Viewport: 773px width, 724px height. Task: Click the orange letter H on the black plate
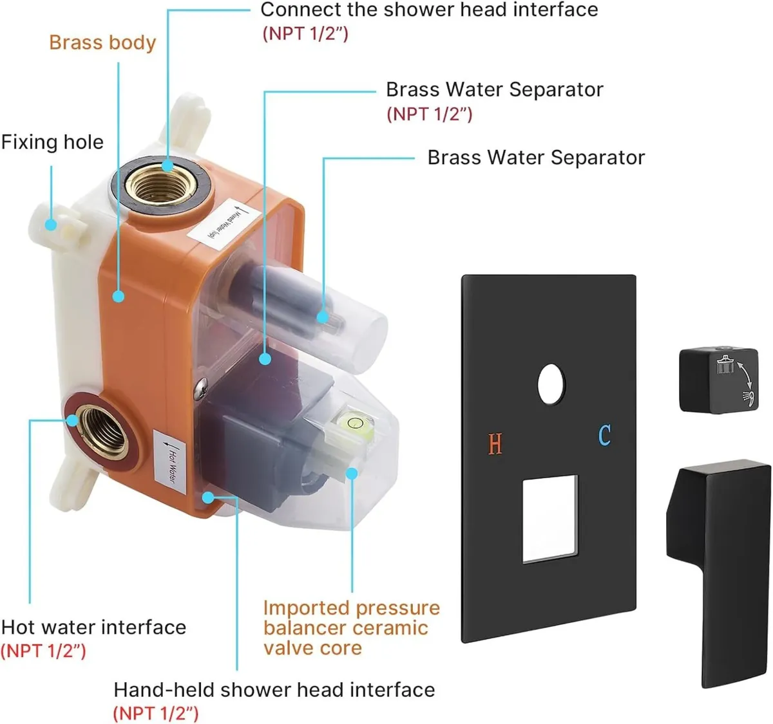pyautogui.click(x=495, y=444)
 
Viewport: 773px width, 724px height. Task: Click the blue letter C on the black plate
pyautogui.click(x=604, y=435)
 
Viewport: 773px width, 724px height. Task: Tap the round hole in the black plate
pyautogui.click(x=551, y=385)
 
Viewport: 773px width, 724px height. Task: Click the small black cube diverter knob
pyautogui.click(x=717, y=380)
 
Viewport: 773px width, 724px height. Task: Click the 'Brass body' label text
pyautogui.click(x=102, y=42)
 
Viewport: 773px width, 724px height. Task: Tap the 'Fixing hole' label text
pyautogui.click(x=52, y=142)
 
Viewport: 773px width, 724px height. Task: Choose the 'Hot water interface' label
pyautogui.click(x=93, y=627)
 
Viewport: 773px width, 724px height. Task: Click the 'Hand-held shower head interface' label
pyautogui.click(x=274, y=690)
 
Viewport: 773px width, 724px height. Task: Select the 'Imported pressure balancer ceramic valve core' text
pyautogui.click(x=351, y=627)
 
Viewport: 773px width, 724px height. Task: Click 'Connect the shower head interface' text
pyautogui.click(x=429, y=10)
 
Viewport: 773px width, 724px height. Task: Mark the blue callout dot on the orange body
pyautogui.click(x=118, y=296)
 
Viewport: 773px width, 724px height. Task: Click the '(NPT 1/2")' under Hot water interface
pyautogui.click(x=43, y=651)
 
